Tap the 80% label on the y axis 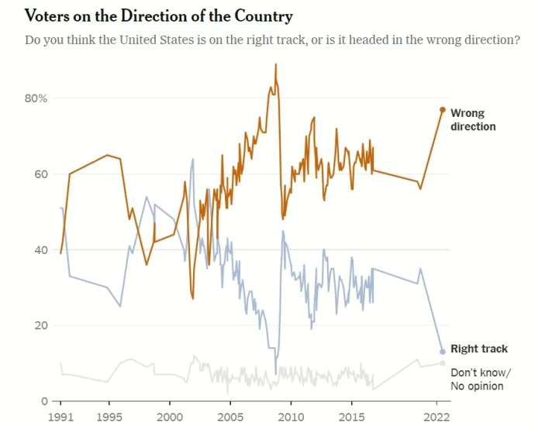point(36,98)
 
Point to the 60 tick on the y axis point(41,174)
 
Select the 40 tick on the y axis point(41,250)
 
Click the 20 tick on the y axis point(41,325)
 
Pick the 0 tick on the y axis point(44,401)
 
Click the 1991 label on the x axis point(60,416)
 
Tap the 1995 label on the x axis point(109,416)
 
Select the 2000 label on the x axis point(169,416)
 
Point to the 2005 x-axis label point(230,416)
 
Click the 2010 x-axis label point(291,416)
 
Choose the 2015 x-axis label point(352,416)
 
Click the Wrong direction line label point(472,120)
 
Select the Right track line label point(479,349)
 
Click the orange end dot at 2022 point(443,110)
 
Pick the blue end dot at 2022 point(443,352)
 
